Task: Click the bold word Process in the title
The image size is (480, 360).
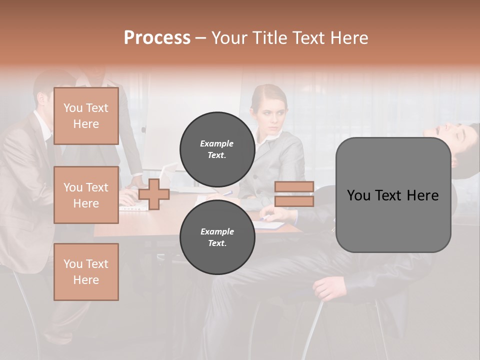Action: pos(157,38)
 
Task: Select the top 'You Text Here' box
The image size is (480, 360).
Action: pos(86,116)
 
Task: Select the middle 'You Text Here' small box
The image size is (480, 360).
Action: pos(86,195)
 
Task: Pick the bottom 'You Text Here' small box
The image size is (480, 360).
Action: pos(86,271)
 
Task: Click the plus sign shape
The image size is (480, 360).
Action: pos(154,194)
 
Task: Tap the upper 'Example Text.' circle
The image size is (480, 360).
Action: pos(217,149)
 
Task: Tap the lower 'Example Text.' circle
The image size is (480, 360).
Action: pos(217,237)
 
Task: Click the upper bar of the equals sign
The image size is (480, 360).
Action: pos(294,186)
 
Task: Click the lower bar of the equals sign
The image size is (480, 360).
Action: pos(294,201)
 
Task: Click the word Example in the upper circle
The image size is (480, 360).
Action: pos(217,143)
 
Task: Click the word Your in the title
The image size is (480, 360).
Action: pos(228,38)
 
